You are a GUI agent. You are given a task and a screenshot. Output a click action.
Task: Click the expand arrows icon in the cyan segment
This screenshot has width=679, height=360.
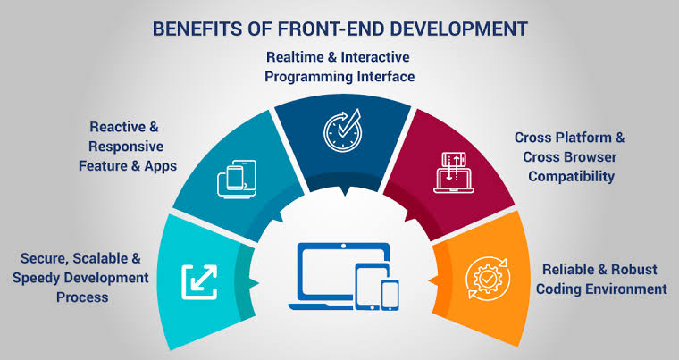(x=198, y=280)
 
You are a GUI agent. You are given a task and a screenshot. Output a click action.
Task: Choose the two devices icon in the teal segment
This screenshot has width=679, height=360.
(x=231, y=177)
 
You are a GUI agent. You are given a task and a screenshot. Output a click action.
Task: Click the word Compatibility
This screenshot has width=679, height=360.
(x=571, y=176)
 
